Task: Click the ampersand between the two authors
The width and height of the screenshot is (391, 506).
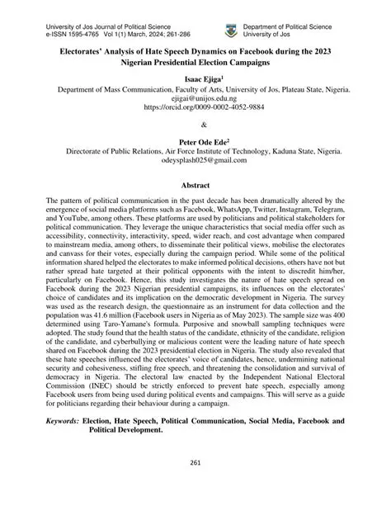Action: (x=195, y=125)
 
